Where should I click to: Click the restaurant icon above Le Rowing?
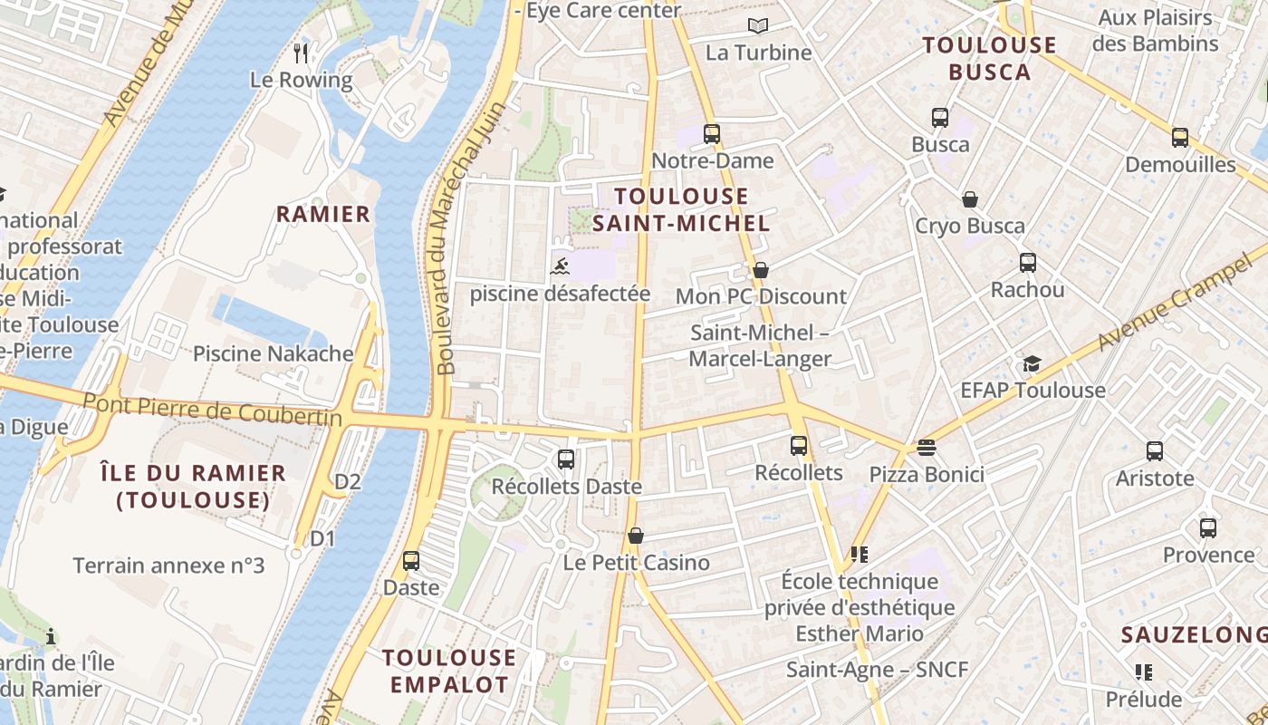pyautogui.click(x=302, y=53)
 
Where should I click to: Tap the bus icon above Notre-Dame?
pyautogui.click(x=712, y=134)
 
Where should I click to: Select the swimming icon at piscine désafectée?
pyautogui.click(x=561, y=266)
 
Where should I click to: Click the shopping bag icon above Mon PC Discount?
pyautogui.click(x=761, y=270)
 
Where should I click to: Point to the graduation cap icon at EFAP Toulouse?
pyautogui.click(x=1032, y=363)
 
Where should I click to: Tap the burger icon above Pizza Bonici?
pyautogui.click(x=926, y=447)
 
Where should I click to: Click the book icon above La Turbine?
pyautogui.click(x=757, y=25)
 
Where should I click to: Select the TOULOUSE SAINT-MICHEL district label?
pyautogui.click(x=681, y=209)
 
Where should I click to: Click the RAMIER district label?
pyautogui.click(x=323, y=214)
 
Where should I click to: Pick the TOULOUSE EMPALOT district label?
pyautogui.click(x=449, y=671)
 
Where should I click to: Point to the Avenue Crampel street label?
pyautogui.click(x=1177, y=298)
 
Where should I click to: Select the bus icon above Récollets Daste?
pyautogui.click(x=566, y=459)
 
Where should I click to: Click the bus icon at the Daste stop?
pyautogui.click(x=411, y=561)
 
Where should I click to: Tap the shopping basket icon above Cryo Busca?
pyautogui.click(x=970, y=199)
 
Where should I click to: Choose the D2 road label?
pyautogui.click(x=348, y=481)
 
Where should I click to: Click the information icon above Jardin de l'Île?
pyautogui.click(x=51, y=636)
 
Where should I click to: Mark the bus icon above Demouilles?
pyautogui.click(x=1179, y=138)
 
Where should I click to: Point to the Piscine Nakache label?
pyautogui.click(x=273, y=353)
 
